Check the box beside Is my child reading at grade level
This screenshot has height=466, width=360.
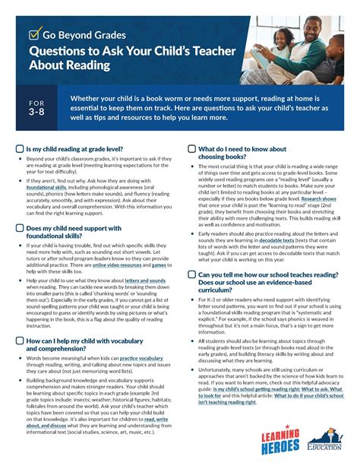[x=21, y=149]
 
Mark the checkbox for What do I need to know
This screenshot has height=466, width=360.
[x=191, y=149]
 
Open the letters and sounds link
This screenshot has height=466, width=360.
[x=144, y=281]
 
